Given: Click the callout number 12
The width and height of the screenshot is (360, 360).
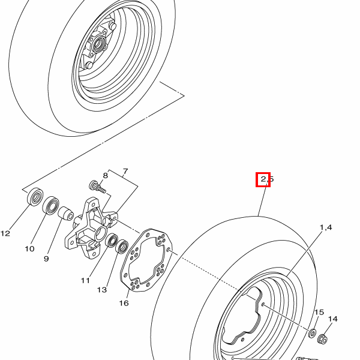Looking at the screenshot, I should click(x=5, y=233).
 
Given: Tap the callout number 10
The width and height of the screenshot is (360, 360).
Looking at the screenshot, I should click(x=29, y=248).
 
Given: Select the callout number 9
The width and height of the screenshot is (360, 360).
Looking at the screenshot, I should click(x=46, y=259).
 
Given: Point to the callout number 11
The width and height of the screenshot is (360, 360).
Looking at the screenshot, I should click(x=86, y=280).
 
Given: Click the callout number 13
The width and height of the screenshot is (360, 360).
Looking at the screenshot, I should click(x=102, y=290).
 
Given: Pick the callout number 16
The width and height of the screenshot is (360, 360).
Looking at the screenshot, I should click(x=124, y=303).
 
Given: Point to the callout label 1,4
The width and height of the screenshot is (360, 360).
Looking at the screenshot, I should click(x=325, y=227).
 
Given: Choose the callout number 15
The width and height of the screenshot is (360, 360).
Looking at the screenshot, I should click(x=319, y=312).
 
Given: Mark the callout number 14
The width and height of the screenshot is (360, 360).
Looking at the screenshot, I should click(x=333, y=319).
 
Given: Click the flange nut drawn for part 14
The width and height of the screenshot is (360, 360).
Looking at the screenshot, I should click(x=322, y=340).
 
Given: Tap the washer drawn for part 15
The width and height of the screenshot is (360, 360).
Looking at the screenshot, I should click(x=313, y=332).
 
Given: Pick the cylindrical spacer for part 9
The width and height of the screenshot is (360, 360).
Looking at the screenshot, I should click(x=65, y=214).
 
